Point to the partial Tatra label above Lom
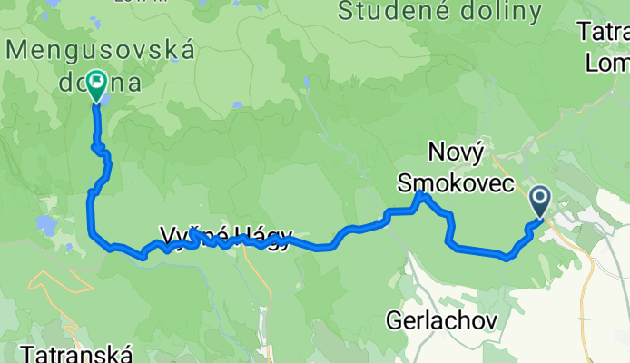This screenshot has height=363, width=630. coord(606,33)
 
